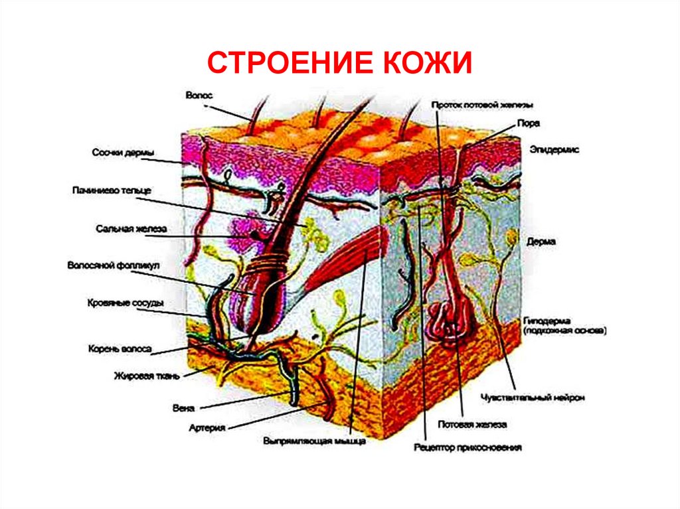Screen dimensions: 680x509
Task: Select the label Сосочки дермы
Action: pos(123,154)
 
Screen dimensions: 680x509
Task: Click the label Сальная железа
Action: pos(129,229)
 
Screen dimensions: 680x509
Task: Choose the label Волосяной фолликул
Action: pos(114,265)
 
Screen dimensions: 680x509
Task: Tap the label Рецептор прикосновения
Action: pos(467,448)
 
